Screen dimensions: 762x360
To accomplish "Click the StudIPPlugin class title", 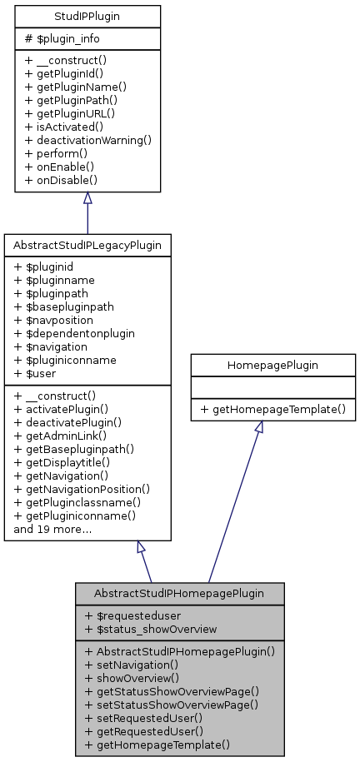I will coord(87,15).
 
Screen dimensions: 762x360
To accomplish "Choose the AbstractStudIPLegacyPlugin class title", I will coord(87,246).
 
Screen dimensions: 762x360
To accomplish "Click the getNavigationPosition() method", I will coord(82,489).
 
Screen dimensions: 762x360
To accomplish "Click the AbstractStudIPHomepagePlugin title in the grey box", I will coord(180,594).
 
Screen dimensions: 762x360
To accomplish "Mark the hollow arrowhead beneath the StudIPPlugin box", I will coord(87,199).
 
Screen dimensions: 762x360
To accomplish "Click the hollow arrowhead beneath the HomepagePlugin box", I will coord(260,428).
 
